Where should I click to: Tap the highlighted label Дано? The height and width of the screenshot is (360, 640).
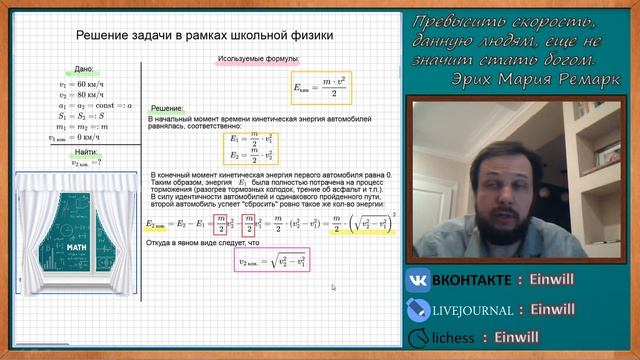(x=84, y=69)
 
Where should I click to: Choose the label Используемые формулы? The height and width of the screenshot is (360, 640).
(x=254, y=59)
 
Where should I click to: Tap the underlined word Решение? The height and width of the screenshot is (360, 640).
(x=166, y=108)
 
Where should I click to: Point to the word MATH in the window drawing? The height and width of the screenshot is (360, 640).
(x=78, y=245)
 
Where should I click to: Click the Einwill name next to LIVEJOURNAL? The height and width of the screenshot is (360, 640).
(x=575, y=310)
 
